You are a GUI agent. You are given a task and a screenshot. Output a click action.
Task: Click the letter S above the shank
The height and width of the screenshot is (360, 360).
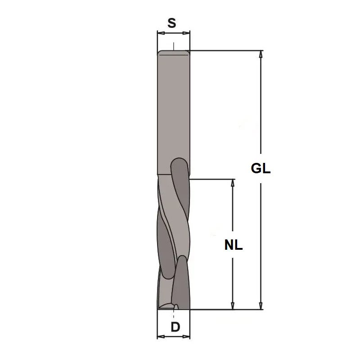(171, 23)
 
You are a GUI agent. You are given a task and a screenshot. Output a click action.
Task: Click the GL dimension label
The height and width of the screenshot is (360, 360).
(261, 169)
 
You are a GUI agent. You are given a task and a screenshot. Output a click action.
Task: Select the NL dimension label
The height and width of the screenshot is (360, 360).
(233, 245)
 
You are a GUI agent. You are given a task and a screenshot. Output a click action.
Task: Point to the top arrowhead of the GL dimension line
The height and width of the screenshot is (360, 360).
(261, 54)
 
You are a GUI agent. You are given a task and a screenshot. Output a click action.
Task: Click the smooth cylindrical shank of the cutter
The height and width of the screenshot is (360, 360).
(173, 108)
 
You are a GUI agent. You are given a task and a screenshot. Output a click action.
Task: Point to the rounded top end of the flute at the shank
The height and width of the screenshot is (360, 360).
(179, 162)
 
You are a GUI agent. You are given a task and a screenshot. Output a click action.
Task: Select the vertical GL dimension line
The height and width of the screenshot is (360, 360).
(261, 112)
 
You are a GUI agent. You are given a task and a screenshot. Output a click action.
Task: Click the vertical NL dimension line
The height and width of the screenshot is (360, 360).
(233, 211)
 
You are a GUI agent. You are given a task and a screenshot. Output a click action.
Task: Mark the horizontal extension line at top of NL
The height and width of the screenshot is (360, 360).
(211, 179)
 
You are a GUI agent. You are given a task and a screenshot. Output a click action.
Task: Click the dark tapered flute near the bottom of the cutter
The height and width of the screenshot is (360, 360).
(181, 279)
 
